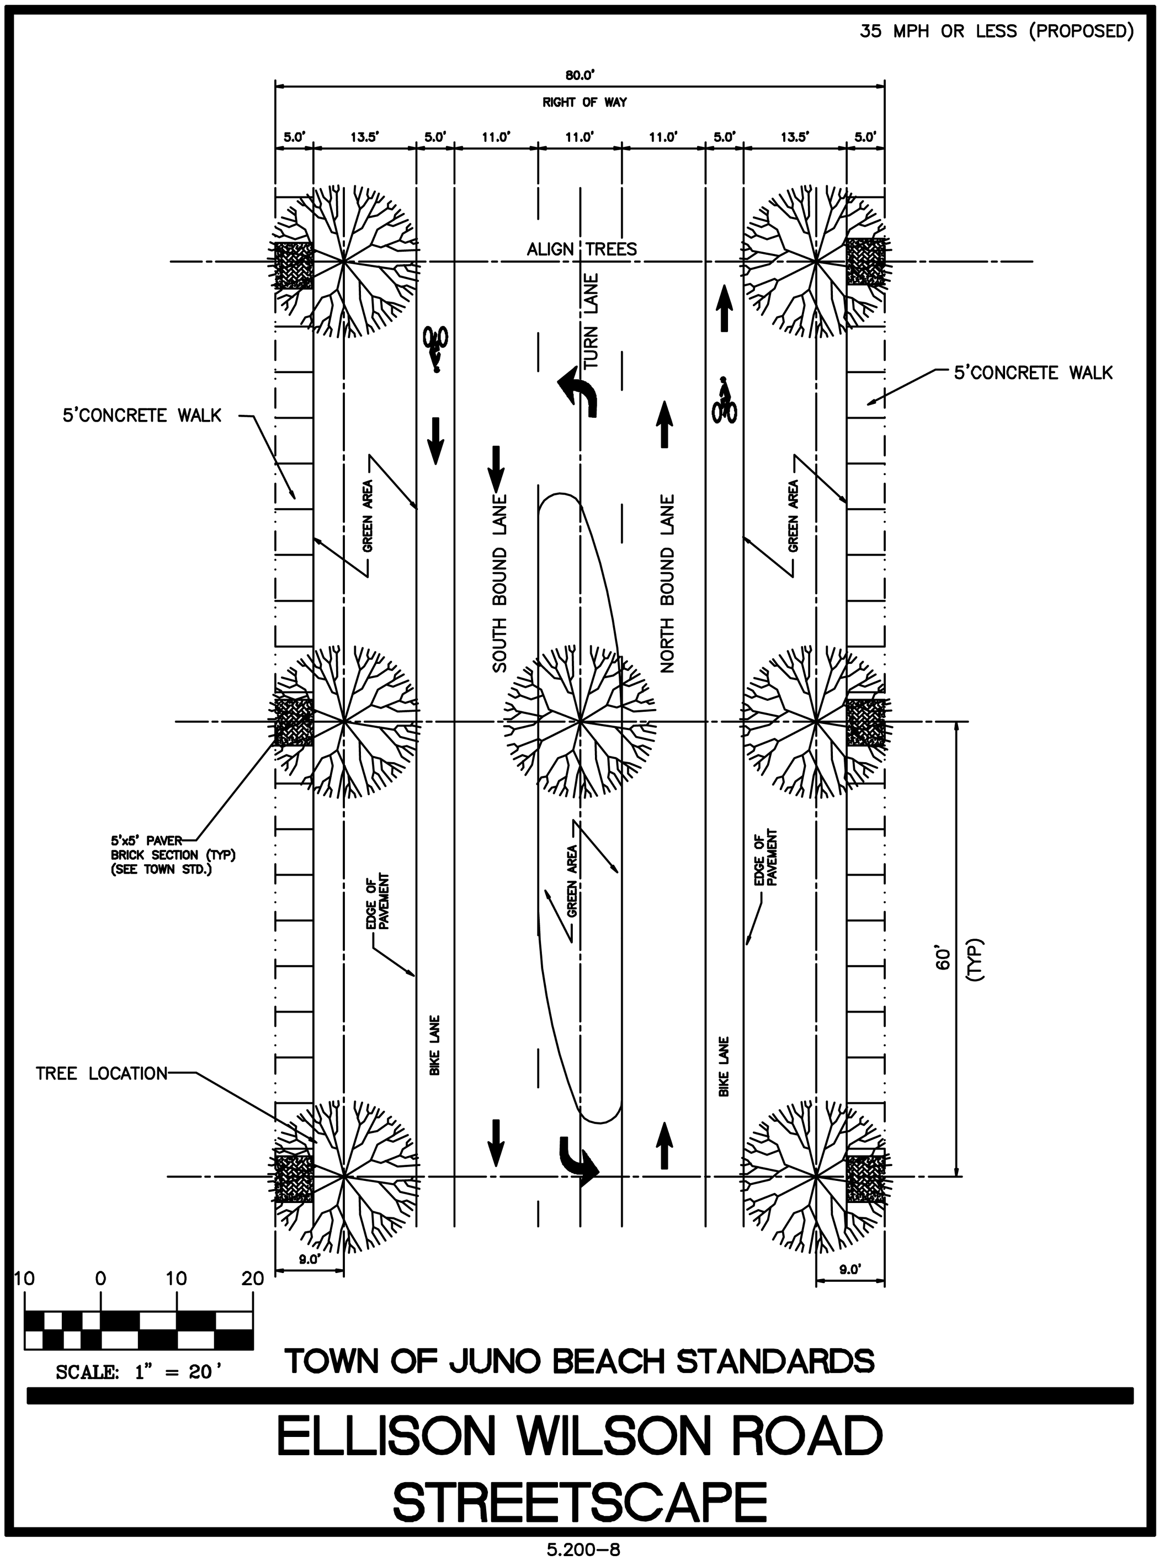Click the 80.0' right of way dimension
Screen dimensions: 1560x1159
579,76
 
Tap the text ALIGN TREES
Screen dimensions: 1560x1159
582,249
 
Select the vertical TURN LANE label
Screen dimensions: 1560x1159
592,321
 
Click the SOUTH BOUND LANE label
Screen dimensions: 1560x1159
499,584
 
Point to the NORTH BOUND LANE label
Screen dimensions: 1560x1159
667,584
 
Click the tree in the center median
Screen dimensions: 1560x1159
580,720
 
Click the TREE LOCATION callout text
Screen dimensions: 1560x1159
102,1074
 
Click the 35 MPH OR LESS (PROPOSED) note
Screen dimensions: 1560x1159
996,31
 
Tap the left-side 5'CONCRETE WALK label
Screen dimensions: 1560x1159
142,416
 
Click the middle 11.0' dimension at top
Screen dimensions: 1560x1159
579,137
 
